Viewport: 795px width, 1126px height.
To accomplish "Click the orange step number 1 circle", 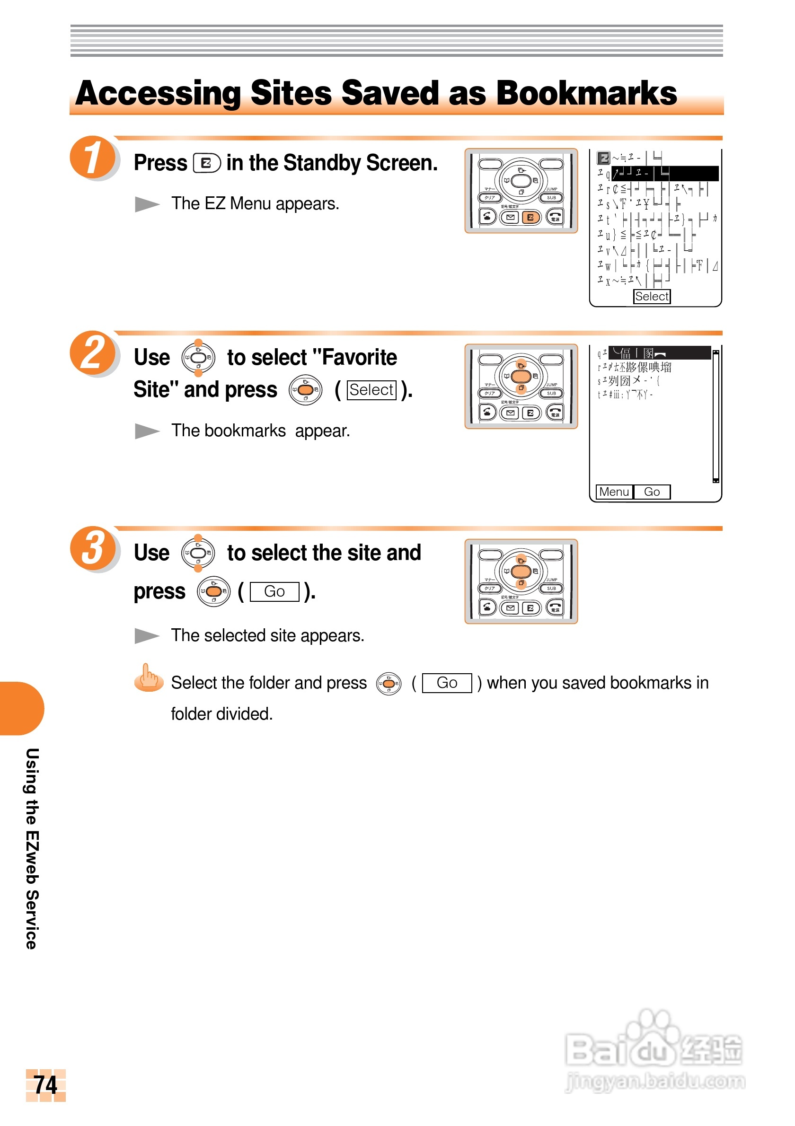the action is tap(93, 157).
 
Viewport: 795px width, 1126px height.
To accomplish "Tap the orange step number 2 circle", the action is tap(93, 352).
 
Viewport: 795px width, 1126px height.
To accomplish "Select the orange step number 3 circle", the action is tap(93, 547).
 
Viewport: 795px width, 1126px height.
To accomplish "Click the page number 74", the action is tap(45, 1084).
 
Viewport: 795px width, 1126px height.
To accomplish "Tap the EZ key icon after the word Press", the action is tap(206, 163).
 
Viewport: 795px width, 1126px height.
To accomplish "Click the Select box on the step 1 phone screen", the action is tap(651, 296).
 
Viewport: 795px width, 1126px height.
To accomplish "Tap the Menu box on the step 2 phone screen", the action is tap(614, 492).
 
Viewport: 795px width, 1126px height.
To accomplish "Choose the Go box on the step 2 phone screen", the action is tap(651, 492).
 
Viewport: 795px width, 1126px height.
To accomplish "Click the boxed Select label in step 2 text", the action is tap(371, 390).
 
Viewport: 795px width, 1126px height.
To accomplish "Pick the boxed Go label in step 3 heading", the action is tap(274, 591).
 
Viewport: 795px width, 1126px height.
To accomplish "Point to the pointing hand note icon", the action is tap(149, 678).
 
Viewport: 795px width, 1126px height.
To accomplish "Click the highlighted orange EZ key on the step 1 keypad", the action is tap(530, 217).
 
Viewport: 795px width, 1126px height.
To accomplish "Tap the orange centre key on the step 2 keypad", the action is tap(521, 376).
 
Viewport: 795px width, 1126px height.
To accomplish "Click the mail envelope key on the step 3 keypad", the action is tap(511, 608).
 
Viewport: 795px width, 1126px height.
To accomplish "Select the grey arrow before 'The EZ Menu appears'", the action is tap(147, 204).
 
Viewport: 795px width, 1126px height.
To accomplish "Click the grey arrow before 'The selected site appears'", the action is tap(147, 635).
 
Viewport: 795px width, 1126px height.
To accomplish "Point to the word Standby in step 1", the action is tap(321, 163).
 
